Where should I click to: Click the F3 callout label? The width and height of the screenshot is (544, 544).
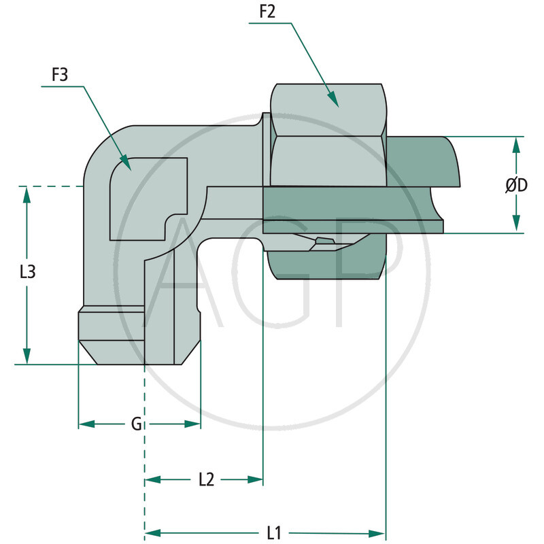pyautogui.click(x=61, y=75)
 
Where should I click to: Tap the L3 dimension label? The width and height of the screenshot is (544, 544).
pyautogui.click(x=27, y=272)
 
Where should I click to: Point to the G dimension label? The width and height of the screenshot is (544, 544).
pyautogui.click(x=137, y=424)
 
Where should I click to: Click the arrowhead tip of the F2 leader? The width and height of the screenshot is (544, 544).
pyautogui.click(x=338, y=107)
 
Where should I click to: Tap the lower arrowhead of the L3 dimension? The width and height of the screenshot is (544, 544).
pyautogui.click(x=27, y=362)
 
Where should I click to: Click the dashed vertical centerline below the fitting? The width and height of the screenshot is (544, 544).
pyautogui.click(x=145, y=442)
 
